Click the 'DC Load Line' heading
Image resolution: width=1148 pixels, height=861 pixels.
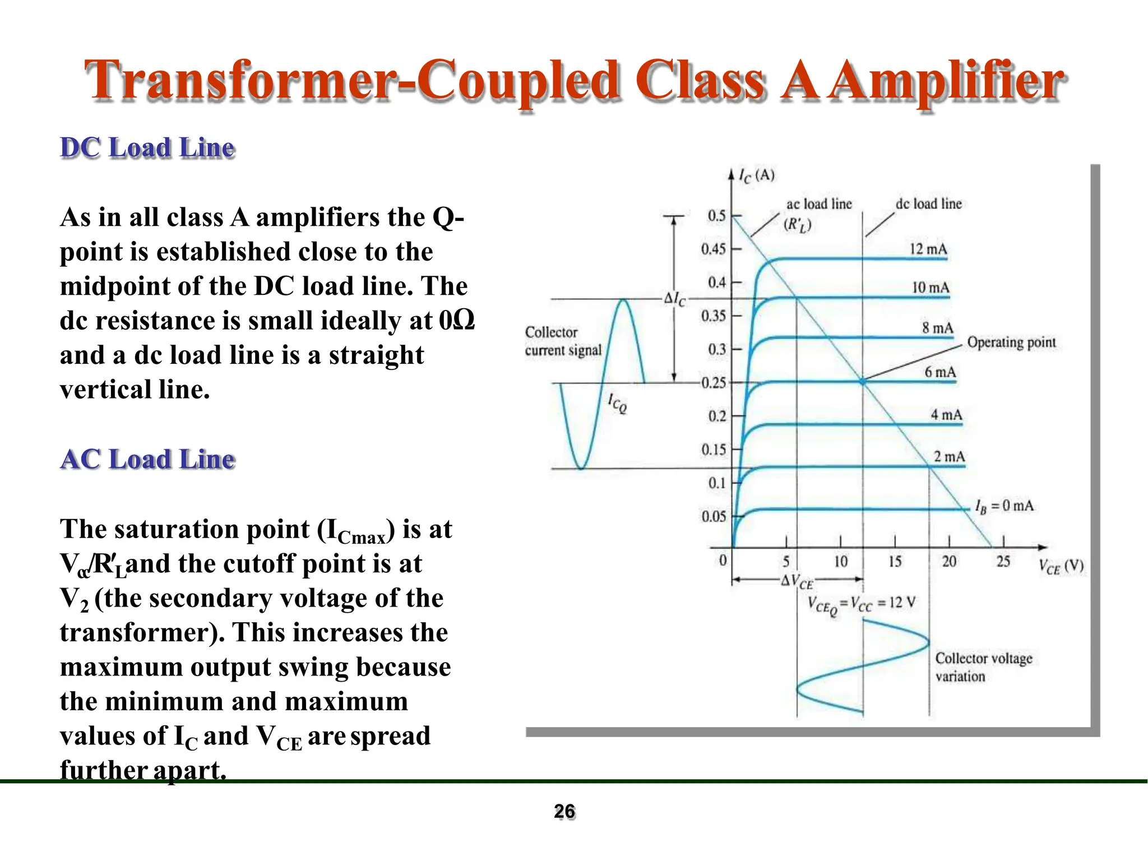click(147, 149)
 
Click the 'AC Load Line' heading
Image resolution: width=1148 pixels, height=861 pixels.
click(147, 460)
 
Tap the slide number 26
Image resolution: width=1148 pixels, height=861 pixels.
click(564, 812)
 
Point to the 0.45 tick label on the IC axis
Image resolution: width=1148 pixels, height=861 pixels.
click(713, 249)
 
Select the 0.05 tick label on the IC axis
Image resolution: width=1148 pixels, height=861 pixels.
click(713, 516)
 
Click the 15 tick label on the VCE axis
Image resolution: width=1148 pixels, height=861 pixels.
click(895, 561)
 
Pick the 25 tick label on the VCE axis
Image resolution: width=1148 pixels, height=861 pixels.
click(1003, 561)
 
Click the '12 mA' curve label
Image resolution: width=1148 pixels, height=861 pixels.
click(928, 249)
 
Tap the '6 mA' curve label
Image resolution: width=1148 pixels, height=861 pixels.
click(940, 372)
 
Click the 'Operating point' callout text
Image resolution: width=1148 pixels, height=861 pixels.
click(1011, 342)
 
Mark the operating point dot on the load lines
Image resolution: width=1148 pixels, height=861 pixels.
click(863, 382)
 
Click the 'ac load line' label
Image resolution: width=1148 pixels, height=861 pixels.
click(819, 204)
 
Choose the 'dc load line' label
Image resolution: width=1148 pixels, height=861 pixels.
click(928, 204)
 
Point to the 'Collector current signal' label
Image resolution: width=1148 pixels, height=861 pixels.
click(562, 341)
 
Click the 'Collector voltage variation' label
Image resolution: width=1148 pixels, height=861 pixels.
click(983, 667)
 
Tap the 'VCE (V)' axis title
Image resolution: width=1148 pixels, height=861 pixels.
click(1061, 566)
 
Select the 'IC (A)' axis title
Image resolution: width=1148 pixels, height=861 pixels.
click(756, 176)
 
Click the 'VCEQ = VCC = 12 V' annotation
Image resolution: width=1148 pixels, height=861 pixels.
click(861, 604)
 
